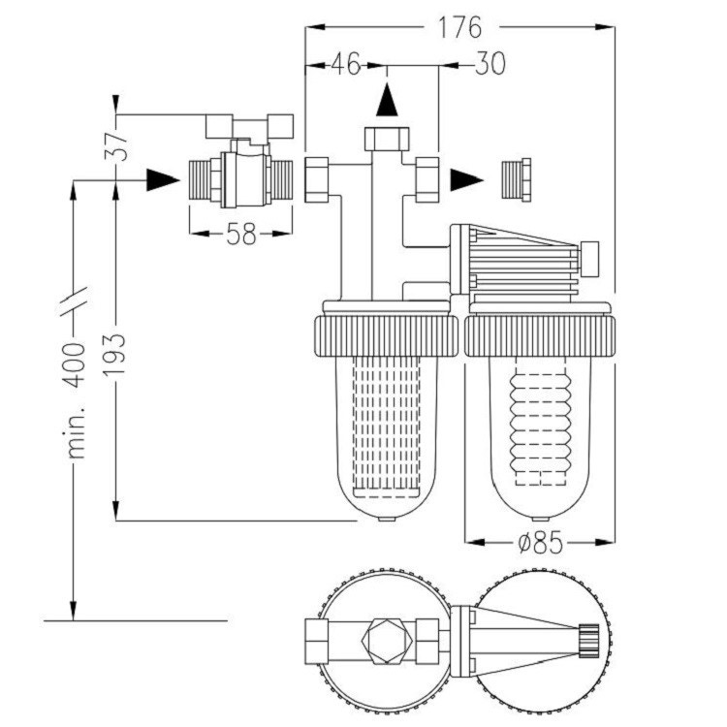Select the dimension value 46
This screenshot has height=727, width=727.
[345, 65]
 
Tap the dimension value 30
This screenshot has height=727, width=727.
[490, 65]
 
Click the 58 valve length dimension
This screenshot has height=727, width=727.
[237, 234]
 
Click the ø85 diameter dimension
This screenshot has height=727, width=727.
[540, 543]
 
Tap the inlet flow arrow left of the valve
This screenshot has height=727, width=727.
[162, 179]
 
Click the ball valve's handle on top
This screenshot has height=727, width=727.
[250, 125]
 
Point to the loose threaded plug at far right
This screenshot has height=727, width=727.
[516, 180]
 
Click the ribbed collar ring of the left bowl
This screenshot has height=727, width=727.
[386, 335]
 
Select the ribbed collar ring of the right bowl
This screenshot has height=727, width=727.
[540, 335]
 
